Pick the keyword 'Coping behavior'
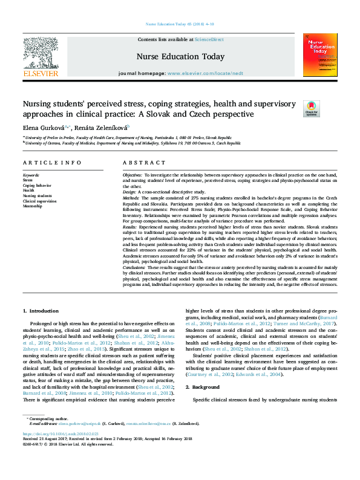[x=36, y=185]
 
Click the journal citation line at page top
[x=180, y=24]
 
